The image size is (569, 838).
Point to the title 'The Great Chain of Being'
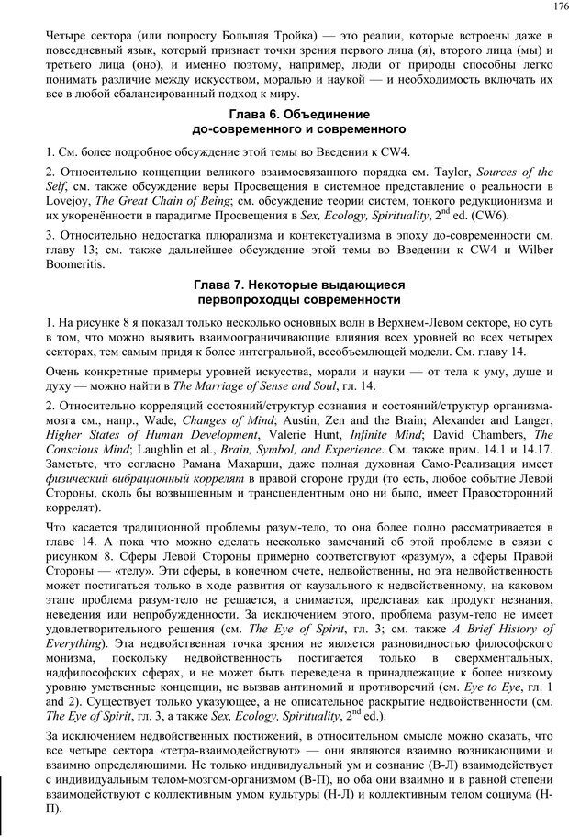click(155, 201)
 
